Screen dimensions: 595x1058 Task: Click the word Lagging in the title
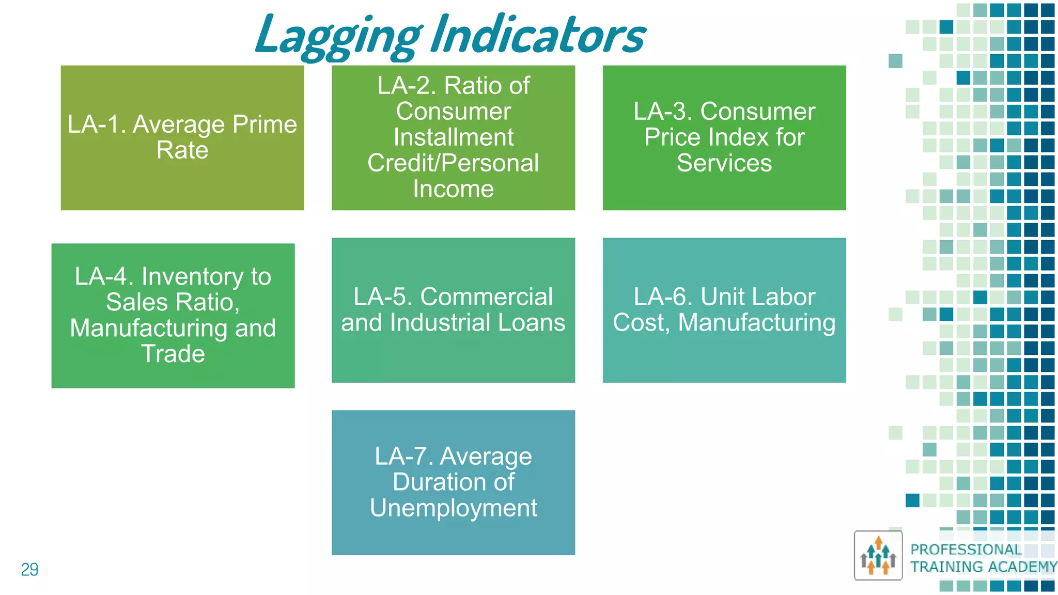(x=338, y=35)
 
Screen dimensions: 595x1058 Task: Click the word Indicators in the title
(x=538, y=35)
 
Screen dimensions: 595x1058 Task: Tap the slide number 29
(x=29, y=569)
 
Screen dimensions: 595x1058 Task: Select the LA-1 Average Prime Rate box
(x=182, y=137)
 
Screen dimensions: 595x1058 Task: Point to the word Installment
(x=453, y=137)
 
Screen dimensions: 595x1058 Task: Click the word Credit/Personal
(x=453, y=163)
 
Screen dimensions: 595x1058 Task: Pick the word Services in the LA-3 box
(x=724, y=163)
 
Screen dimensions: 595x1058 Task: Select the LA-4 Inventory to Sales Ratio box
(x=173, y=315)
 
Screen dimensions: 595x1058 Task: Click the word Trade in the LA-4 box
(x=173, y=354)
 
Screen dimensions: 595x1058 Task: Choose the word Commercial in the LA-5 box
(x=486, y=297)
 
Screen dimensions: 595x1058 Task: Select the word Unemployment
(x=453, y=508)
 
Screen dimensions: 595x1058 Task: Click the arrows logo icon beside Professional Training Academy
(x=878, y=556)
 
